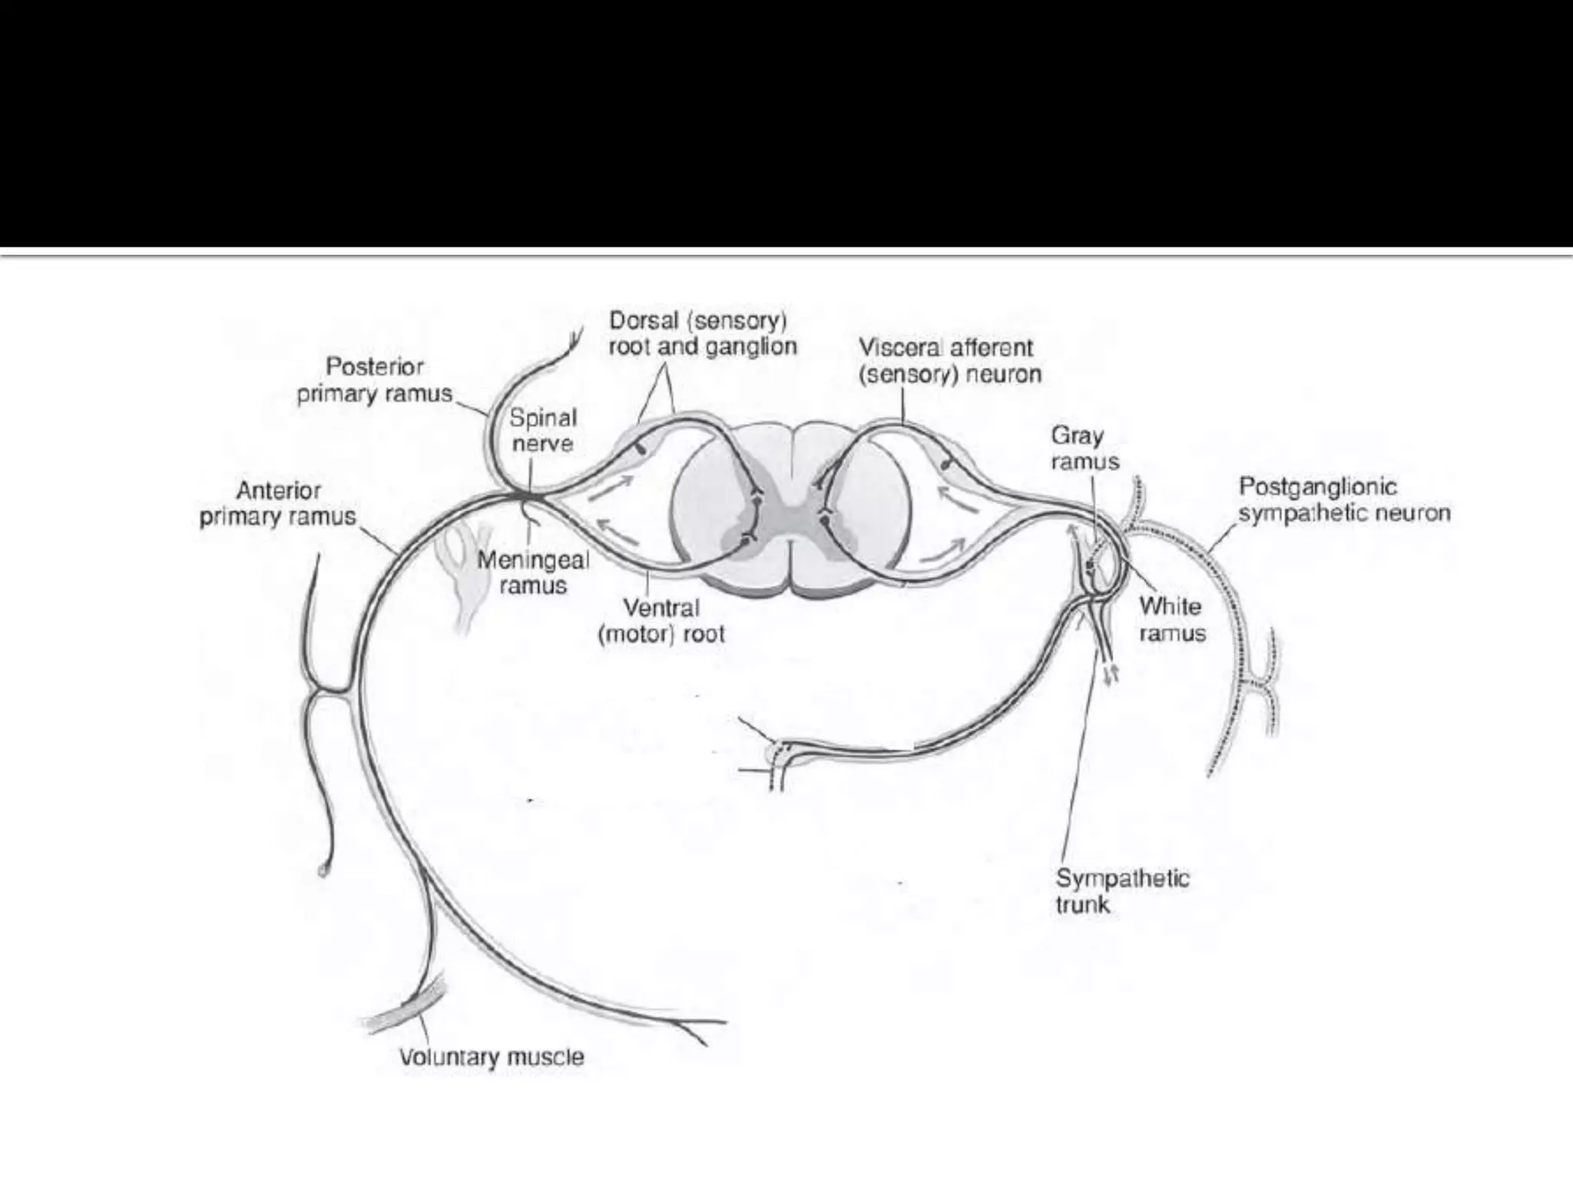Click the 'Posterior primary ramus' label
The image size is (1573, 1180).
375,380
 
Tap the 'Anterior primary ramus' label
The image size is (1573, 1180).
278,504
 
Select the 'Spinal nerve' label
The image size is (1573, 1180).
542,431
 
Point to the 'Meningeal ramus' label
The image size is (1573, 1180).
533,572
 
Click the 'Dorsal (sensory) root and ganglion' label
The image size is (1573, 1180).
702,333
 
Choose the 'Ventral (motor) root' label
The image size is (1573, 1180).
661,621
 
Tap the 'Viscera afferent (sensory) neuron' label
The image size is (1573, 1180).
949,361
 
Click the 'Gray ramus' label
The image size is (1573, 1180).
1085,449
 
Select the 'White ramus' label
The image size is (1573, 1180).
1171,619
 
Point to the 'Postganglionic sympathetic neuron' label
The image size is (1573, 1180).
1344,499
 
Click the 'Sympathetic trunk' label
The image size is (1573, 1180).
1121,891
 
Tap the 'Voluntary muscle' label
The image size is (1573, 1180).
492,1057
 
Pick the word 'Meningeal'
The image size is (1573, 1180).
533,560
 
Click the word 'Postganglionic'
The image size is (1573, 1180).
1318,487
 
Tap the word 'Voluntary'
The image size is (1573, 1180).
448,1058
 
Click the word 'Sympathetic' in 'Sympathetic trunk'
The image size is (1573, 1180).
1122,878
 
